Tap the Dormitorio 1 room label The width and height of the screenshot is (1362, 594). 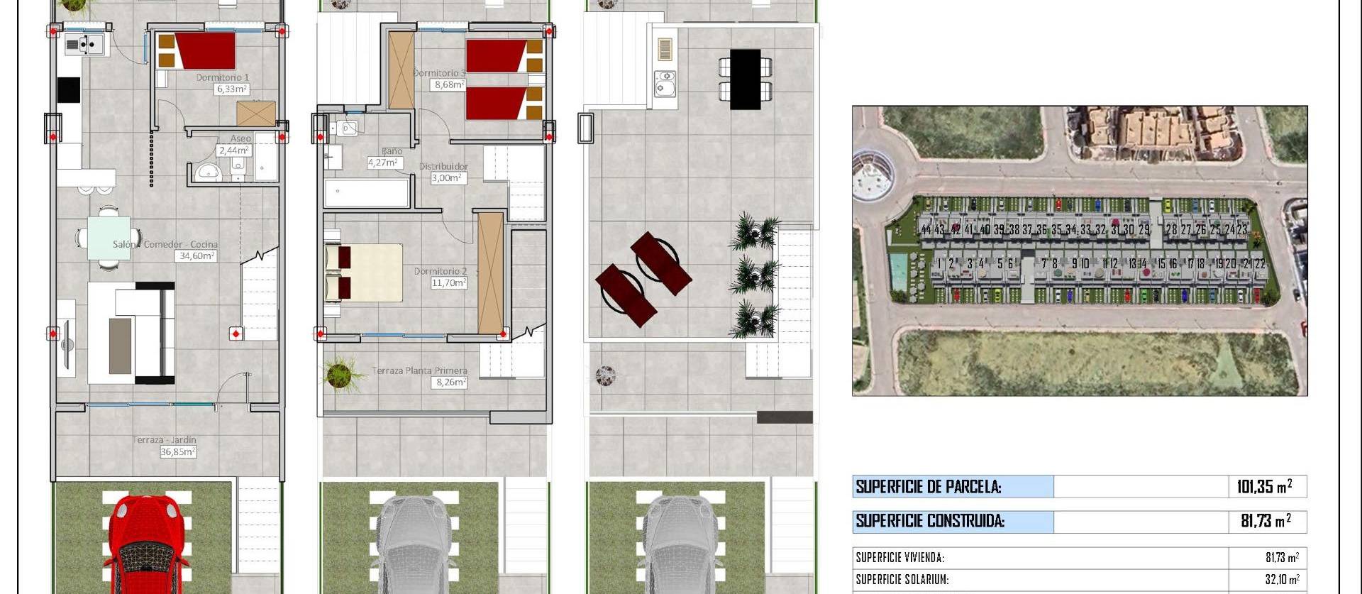[223, 77]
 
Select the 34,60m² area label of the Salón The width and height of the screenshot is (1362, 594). [197, 255]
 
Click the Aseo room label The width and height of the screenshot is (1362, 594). [240, 138]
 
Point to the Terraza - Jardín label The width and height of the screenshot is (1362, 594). [165, 440]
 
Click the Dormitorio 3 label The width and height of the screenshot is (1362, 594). [440, 72]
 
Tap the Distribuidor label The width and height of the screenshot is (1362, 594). [443, 167]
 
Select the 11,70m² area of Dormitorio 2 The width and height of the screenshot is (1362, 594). [449, 282]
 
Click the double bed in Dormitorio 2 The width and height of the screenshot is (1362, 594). [364, 273]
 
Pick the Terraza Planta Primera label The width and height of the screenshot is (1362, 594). [419, 370]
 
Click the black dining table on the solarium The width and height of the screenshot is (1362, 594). [745, 79]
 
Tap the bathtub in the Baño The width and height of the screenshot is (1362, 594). [367, 192]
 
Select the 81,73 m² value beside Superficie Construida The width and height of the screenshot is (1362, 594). [1266, 521]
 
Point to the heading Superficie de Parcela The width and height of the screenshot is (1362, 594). [928, 487]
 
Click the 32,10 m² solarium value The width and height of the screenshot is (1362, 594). [1283, 579]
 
